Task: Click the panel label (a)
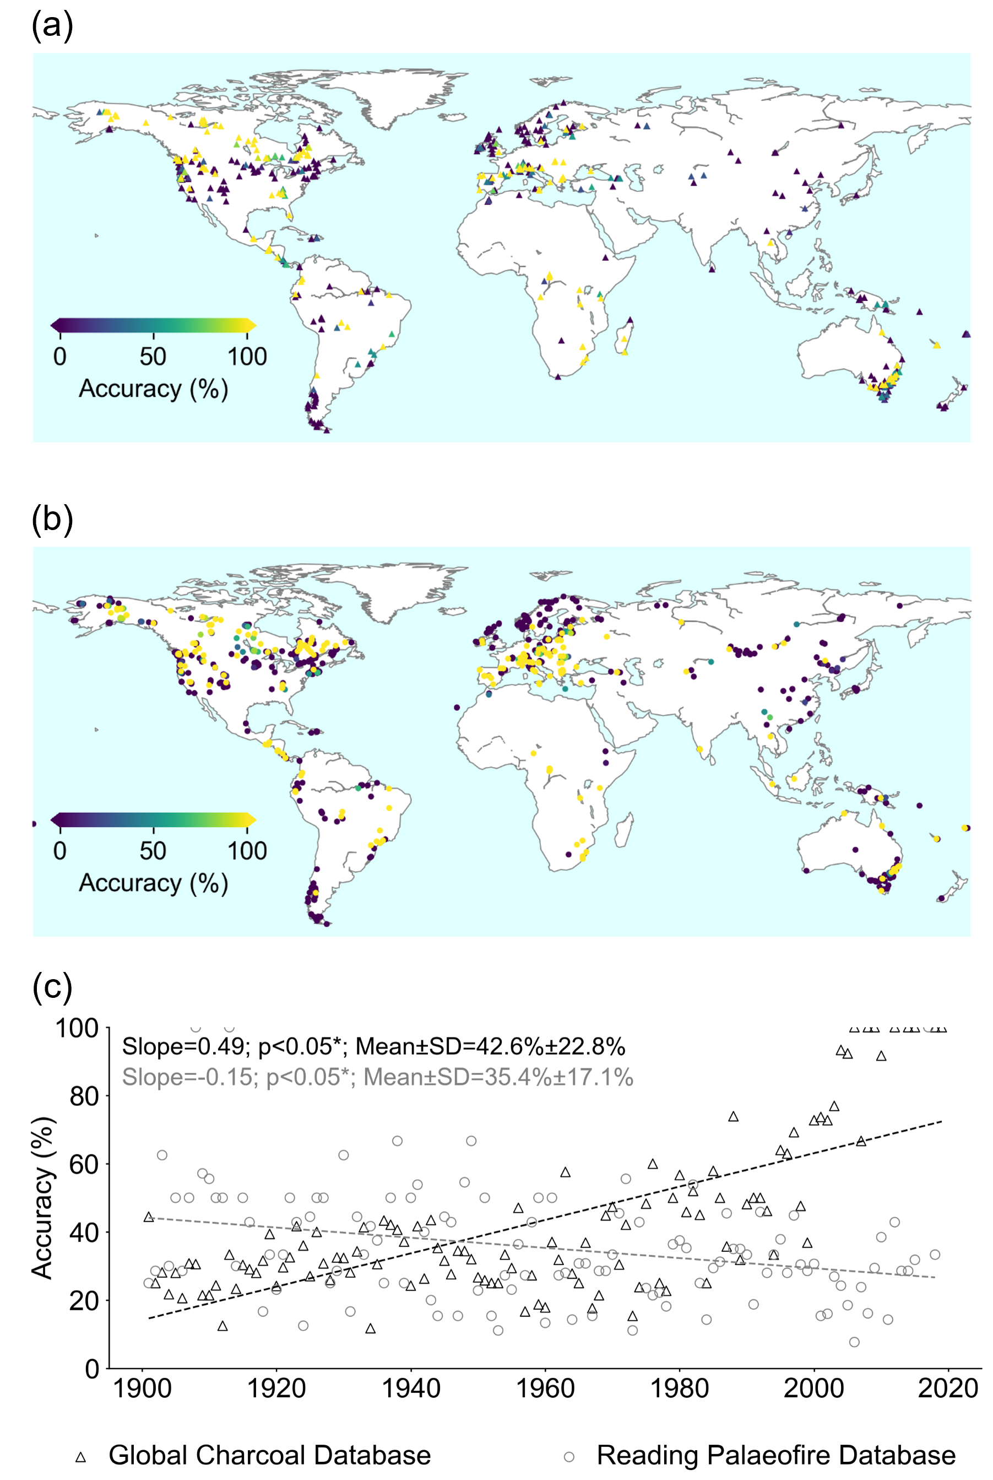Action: tap(52, 26)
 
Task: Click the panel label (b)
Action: tap(52, 520)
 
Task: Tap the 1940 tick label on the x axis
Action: tap(411, 1388)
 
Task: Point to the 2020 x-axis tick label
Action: tap(948, 1388)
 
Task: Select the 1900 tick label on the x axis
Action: tap(143, 1388)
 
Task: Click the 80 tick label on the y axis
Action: tap(84, 1096)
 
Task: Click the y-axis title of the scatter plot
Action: tap(43, 1198)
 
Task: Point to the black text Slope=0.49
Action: tap(183, 1047)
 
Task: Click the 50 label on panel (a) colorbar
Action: tap(153, 357)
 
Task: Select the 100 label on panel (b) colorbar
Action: tap(247, 850)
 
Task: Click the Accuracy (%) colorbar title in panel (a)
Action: tap(153, 388)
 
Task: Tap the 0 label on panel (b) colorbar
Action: tap(59, 850)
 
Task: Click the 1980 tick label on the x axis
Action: tap(680, 1388)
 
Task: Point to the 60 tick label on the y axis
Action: tap(84, 1164)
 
